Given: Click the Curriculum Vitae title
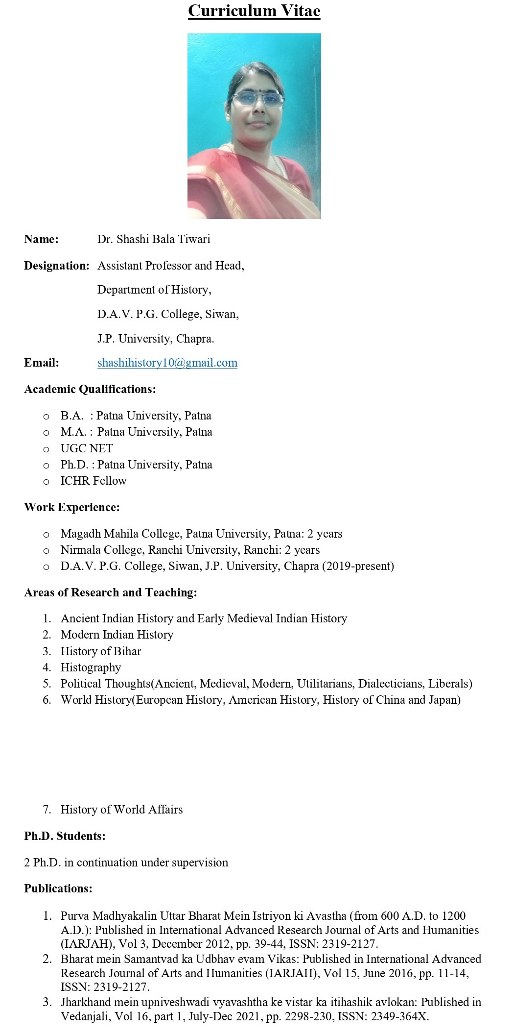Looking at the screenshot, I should (x=254, y=11).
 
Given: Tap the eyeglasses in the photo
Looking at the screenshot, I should (x=258, y=98).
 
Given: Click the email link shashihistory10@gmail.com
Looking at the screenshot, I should (x=167, y=363).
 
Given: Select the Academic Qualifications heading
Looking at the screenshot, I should (x=90, y=389).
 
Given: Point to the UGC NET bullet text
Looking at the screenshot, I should (x=87, y=448).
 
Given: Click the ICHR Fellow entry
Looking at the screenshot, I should (x=93, y=481).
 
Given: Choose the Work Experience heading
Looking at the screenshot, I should (x=72, y=507).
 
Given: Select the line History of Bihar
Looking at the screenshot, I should (x=101, y=651).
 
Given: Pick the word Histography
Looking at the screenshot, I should (x=91, y=667).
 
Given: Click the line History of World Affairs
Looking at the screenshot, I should (x=121, y=810).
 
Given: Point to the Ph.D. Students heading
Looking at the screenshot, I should (x=65, y=836).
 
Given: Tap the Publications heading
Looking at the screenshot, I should (x=58, y=888).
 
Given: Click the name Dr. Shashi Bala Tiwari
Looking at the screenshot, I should (x=154, y=239).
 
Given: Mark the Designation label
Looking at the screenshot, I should (x=57, y=266).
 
